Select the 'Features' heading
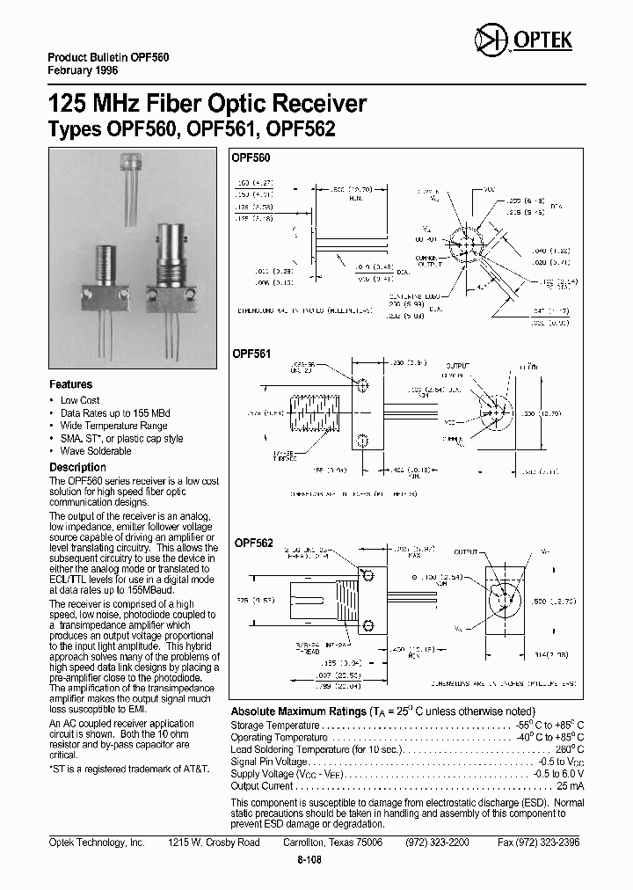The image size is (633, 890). pos(70,384)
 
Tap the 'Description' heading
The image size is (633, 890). pos(77,467)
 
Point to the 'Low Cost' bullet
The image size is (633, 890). pos(81,400)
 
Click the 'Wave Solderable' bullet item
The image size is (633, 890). pos(96,450)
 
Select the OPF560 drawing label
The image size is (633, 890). pos(251,157)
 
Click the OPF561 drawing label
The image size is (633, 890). pos(251,354)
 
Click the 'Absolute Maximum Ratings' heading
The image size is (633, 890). pos(298,711)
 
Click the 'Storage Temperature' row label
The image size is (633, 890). pos(275,725)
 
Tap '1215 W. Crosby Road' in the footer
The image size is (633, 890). pos(214,842)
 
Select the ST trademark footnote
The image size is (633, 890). pos(128,769)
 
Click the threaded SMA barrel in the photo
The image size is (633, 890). pos(103,264)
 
